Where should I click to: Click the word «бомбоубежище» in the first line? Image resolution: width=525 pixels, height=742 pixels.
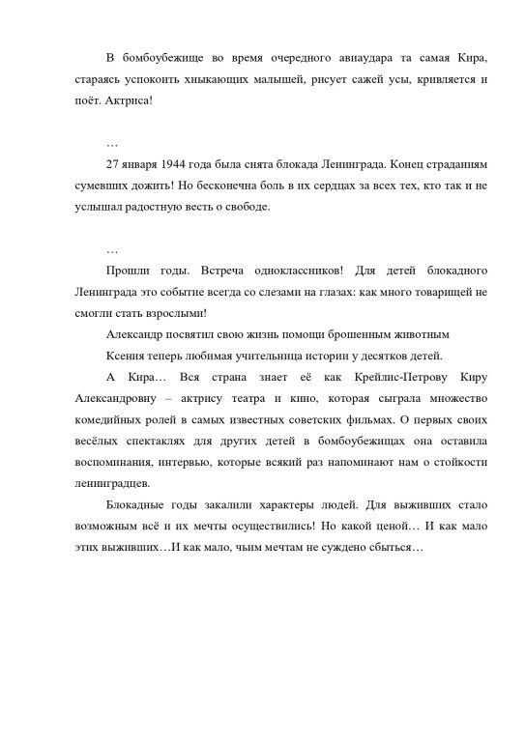tap(171, 51)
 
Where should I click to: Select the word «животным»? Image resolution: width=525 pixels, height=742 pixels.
tap(417, 334)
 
